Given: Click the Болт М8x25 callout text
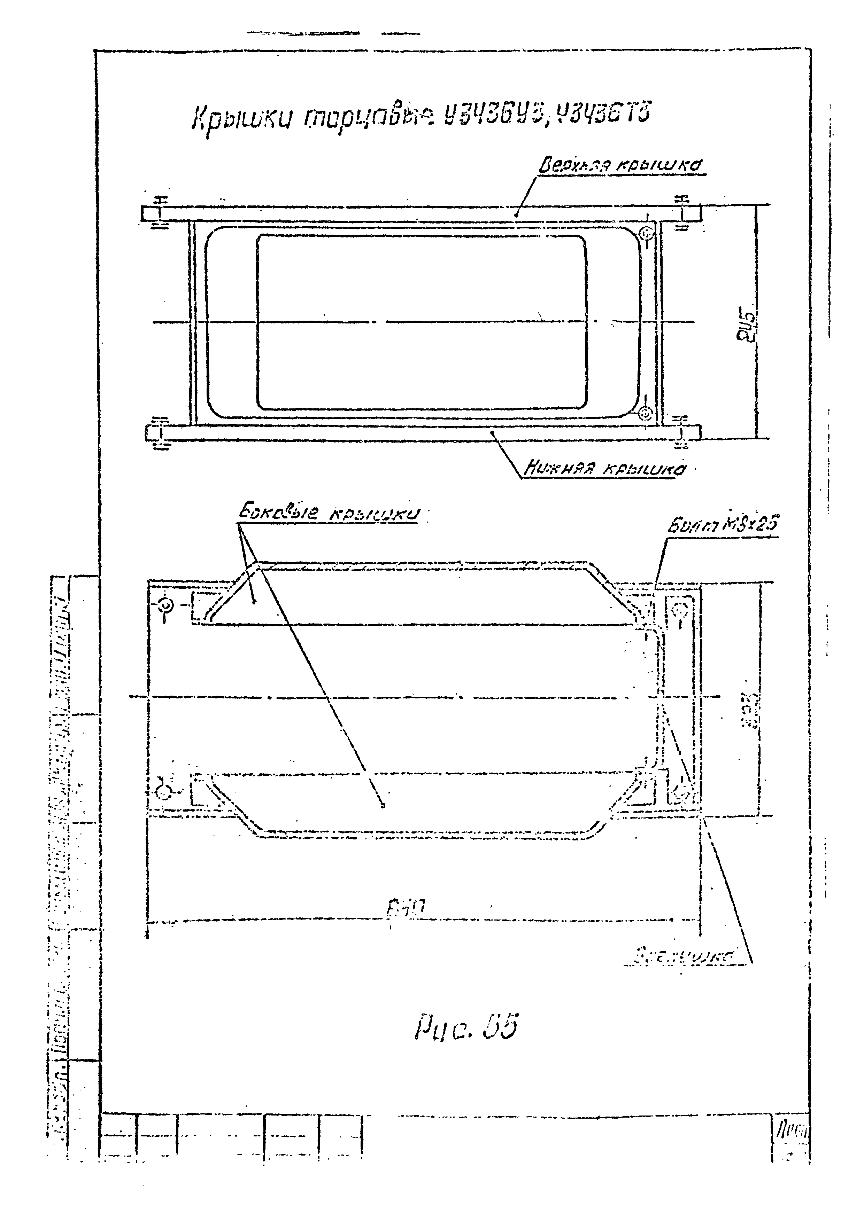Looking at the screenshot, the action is coord(722,525).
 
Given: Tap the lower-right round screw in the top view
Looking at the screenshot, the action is coord(645,413).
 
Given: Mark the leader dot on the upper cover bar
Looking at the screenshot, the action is coord(515,216).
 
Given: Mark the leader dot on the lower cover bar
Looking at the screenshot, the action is coord(492,432).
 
